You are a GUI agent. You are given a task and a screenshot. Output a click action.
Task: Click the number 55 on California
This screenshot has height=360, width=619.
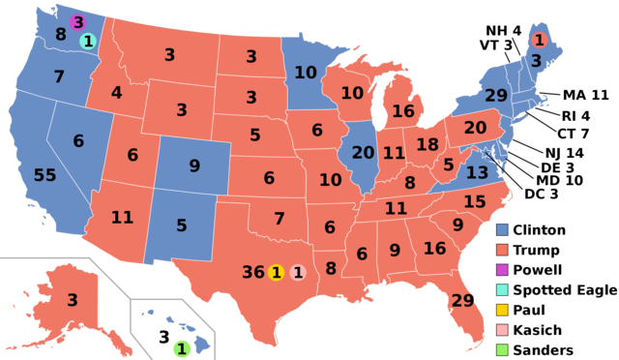pos(44,175)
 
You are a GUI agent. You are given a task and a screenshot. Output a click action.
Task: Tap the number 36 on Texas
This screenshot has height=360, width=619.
pos(253,272)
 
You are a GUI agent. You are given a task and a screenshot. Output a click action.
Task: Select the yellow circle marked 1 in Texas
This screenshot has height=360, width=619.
pos(277,273)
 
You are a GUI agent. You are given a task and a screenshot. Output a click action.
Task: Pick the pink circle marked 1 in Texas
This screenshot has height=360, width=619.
pos(298,273)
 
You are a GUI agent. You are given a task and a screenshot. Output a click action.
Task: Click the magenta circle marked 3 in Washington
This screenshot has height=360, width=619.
pos(77,22)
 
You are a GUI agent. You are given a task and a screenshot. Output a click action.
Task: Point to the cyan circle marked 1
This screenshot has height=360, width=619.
pos(88,41)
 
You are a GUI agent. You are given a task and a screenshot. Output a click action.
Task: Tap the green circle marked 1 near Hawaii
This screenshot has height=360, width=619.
pos(181,348)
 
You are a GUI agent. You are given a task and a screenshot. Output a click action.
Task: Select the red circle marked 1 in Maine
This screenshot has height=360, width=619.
pos(539,40)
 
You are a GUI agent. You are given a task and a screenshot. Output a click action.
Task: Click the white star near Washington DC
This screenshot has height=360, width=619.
pos(486,153)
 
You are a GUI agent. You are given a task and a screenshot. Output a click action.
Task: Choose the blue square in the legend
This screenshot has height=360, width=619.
pos(502,230)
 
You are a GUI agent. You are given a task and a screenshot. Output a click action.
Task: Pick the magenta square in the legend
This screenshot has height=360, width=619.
pos(502,270)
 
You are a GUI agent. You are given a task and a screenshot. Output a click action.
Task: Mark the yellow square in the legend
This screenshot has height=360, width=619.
pos(502,310)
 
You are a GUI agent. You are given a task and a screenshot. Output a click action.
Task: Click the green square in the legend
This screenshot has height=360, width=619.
pos(502,349)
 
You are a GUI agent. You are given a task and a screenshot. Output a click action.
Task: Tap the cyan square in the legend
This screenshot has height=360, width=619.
pos(502,290)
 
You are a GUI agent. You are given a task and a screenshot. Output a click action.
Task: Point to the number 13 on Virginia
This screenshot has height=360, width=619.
pos(477,172)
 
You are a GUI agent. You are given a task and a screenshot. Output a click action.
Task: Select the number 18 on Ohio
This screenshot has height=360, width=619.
pos(427,144)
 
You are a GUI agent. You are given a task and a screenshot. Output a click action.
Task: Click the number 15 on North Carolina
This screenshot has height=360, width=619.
pos(474,201)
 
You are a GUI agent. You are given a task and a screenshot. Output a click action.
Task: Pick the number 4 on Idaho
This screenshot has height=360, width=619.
pos(116,93)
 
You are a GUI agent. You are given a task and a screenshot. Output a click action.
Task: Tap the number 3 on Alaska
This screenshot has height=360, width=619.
pos(72,300)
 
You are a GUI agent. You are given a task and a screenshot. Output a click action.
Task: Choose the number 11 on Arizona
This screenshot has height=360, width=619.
pos(122,217)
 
